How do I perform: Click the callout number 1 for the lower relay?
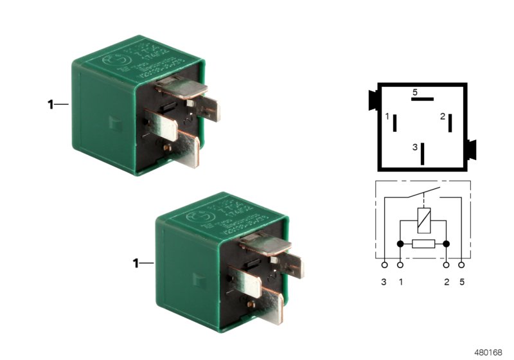point(136,263)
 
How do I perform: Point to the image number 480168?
point(488,352)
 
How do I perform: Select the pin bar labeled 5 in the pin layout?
point(423,100)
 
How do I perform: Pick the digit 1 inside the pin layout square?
point(387,117)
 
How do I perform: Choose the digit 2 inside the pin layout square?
point(443,116)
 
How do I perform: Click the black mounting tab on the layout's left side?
point(371,100)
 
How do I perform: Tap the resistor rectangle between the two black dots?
point(423,244)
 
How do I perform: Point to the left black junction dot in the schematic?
point(400,244)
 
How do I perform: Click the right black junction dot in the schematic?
point(447,244)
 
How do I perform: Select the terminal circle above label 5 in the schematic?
point(462,264)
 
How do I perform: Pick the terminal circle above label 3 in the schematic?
point(384,264)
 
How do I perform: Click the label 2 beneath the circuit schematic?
point(447,282)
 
